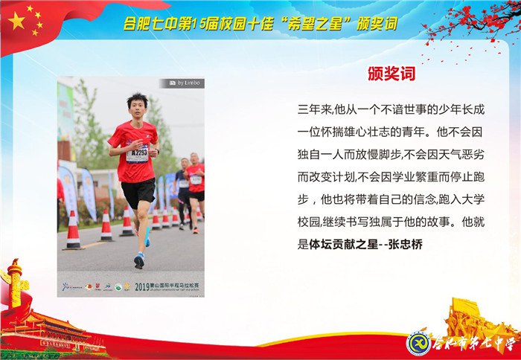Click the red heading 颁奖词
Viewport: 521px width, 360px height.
pyautogui.click(x=391, y=74)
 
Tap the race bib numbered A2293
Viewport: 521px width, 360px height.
pyautogui.click(x=136, y=155)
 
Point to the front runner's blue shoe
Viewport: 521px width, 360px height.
pyautogui.click(x=138, y=260)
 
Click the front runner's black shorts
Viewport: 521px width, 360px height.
pyautogui.click(x=138, y=192)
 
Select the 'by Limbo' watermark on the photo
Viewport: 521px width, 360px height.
pyautogui.click(x=186, y=83)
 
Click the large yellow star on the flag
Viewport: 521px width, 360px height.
pyautogui.click(x=17, y=22)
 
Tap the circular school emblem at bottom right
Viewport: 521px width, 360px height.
pyautogui.click(x=419, y=343)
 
